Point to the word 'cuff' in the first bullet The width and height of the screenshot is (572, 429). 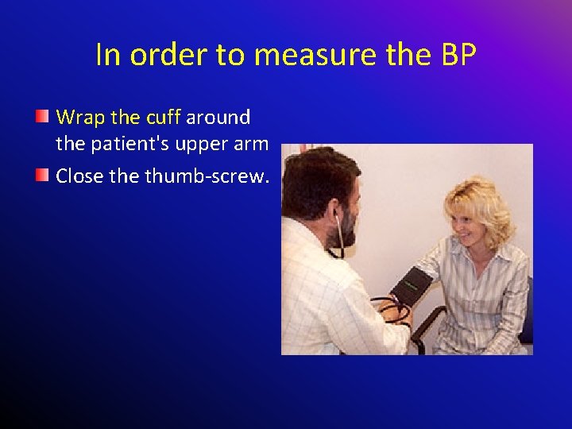(163, 118)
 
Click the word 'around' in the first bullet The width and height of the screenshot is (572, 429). (218, 118)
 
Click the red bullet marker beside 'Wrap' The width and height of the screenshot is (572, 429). (43, 118)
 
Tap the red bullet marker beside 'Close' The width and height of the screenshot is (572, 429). (43, 175)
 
